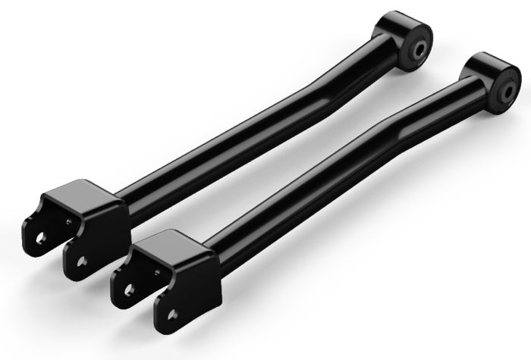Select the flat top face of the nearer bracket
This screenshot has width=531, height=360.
(171, 243)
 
